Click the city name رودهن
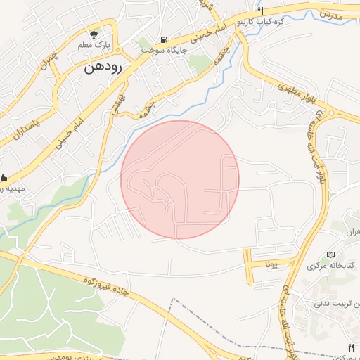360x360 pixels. pyautogui.click(x=103, y=68)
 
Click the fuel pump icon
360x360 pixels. pyautogui.click(x=164, y=40)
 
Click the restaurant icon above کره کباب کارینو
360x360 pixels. pyautogui.click(x=260, y=11)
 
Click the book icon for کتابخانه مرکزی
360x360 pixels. pyautogui.click(x=330, y=255)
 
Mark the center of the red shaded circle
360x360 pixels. pyautogui.click(x=180, y=179)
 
